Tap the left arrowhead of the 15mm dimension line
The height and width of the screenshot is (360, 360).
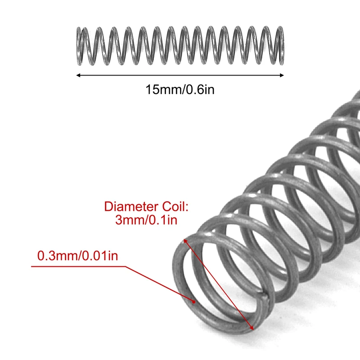[78, 75]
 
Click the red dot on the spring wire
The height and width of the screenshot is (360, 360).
[194, 302]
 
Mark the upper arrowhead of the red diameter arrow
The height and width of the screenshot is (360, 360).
[184, 241]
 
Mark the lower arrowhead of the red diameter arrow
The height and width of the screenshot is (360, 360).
[253, 328]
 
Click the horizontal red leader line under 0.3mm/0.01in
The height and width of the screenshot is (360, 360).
[76, 266]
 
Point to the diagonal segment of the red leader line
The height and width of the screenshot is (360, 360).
[157, 283]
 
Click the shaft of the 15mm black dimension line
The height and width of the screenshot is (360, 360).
[180, 75]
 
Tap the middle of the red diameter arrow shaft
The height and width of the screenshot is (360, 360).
[219, 284]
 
